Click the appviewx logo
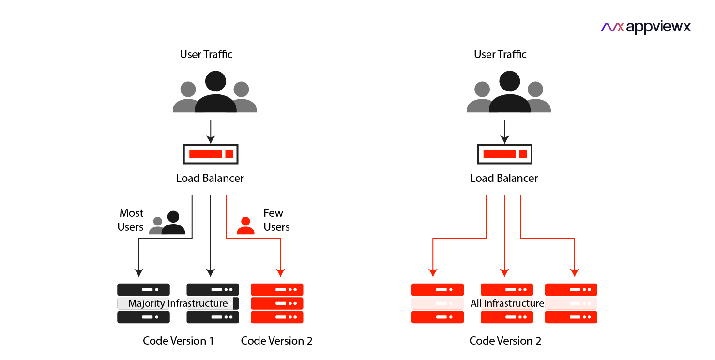tap(646, 27)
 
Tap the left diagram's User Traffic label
tap(206, 54)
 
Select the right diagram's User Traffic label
tap(500, 54)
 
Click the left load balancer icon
tap(211, 154)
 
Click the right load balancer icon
tap(504, 154)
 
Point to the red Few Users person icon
tap(245, 225)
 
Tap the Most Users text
tap(131, 220)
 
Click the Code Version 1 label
tap(178, 341)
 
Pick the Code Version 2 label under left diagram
tap(276, 341)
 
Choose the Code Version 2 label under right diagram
tap(505, 341)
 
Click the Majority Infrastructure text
tap(178, 303)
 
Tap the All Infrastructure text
tap(507, 303)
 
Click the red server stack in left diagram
tap(277, 303)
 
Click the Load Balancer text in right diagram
tap(504, 178)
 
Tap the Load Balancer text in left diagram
tap(210, 178)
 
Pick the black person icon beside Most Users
tap(173, 224)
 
